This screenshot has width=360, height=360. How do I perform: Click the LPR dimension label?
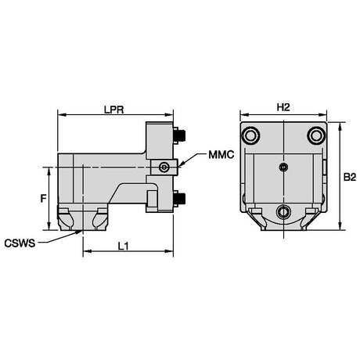pos(113,110)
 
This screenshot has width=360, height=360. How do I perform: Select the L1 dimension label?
pos(123,246)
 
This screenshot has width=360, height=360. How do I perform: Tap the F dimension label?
pos(43,199)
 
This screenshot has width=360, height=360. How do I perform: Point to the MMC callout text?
pos(221,155)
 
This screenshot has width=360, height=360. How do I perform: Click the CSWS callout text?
pos(20,243)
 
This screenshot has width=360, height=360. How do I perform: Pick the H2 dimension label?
pos(283,107)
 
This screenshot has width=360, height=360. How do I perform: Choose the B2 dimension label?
pos(350,178)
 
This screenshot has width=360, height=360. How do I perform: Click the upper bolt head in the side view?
pos(179,135)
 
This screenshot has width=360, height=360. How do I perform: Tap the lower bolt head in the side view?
pos(179,199)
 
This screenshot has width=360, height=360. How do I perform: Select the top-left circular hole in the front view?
pos(251,135)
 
